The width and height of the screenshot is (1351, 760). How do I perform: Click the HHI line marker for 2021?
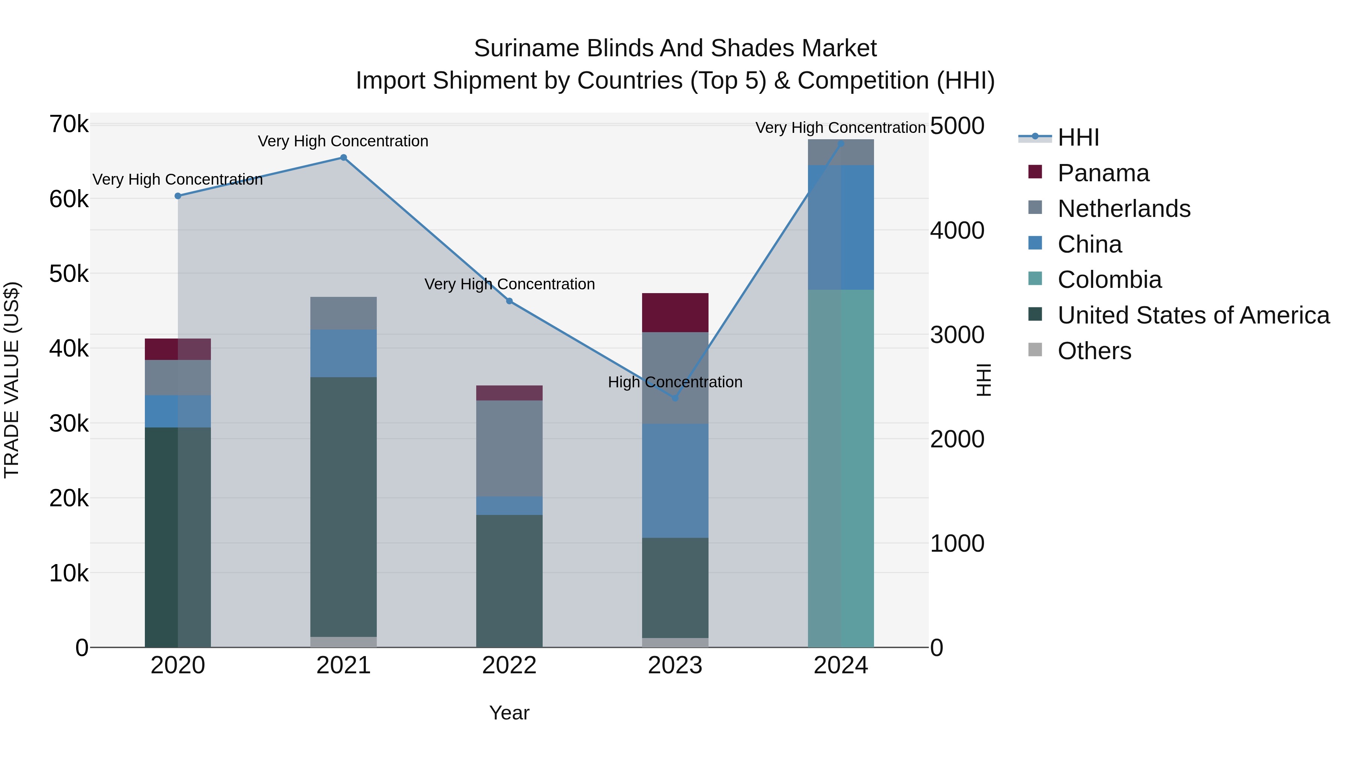click(343, 157)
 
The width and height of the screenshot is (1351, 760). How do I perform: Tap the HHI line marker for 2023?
click(675, 398)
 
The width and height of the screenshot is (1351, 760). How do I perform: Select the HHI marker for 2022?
click(509, 301)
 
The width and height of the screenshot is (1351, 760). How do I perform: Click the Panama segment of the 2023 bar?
click(675, 313)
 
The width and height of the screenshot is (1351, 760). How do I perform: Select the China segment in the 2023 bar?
click(675, 480)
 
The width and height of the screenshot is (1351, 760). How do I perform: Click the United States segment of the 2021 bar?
click(343, 506)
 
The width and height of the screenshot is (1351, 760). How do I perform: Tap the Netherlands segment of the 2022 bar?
click(509, 448)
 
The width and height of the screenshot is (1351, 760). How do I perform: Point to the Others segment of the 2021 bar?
click(343, 642)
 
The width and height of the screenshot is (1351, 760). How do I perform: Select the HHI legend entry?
click(1078, 137)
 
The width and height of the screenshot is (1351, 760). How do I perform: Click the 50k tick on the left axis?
click(69, 274)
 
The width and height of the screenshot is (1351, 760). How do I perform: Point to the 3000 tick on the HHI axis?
click(957, 335)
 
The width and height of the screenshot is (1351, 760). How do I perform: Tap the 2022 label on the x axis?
click(509, 665)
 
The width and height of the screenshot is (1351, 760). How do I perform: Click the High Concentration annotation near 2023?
click(675, 382)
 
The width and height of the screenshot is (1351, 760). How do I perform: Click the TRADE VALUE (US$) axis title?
click(12, 380)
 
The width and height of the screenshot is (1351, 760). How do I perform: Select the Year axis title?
click(509, 713)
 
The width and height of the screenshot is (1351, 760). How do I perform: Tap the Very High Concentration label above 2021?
click(343, 141)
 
